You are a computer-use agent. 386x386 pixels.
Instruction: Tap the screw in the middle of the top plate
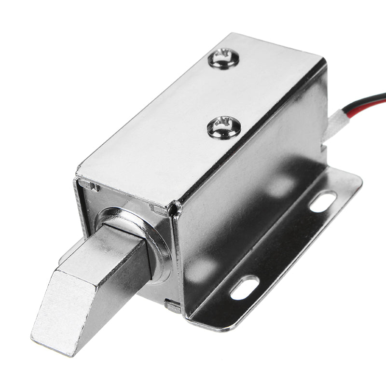[x=223, y=127]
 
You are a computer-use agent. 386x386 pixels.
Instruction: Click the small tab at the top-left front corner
[x=87, y=184]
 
